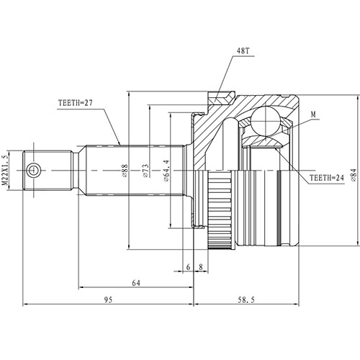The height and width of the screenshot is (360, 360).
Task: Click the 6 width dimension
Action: point(187,266)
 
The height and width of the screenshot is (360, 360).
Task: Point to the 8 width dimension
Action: point(200,266)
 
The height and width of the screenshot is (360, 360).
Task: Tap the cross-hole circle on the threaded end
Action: point(33,170)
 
